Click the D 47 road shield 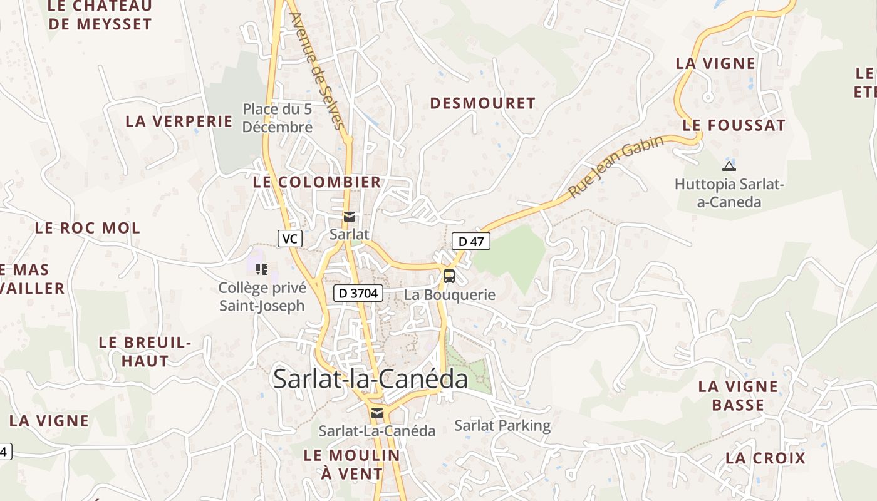pyautogui.click(x=471, y=241)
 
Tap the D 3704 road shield pyautogui.click(x=358, y=292)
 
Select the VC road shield pyautogui.click(x=289, y=239)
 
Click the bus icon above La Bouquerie pyautogui.click(x=449, y=276)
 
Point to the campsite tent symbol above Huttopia pyautogui.click(x=728, y=166)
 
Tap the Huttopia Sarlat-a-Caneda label pyautogui.click(x=729, y=193)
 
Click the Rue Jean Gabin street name pyautogui.click(x=616, y=167)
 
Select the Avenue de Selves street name pyautogui.click(x=318, y=70)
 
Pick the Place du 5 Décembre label pyautogui.click(x=278, y=118)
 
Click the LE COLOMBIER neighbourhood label pyautogui.click(x=317, y=182)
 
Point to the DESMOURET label pyautogui.click(x=483, y=103)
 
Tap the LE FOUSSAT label pyautogui.click(x=734, y=125)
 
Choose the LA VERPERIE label pyautogui.click(x=179, y=121)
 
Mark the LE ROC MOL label pyautogui.click(x=88, y=228)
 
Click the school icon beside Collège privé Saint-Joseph pyautogui.click(x=262, y=269)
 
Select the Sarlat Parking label pyautogui.click(x=502, y=426)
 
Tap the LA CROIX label pyautogui.click(x=765, y=458)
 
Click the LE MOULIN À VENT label pyautogui.click(x=351, y=464)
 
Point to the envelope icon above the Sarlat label pyautogui.click(x=350, y=217)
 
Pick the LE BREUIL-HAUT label pyautogui.click(x=145, y=351)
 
